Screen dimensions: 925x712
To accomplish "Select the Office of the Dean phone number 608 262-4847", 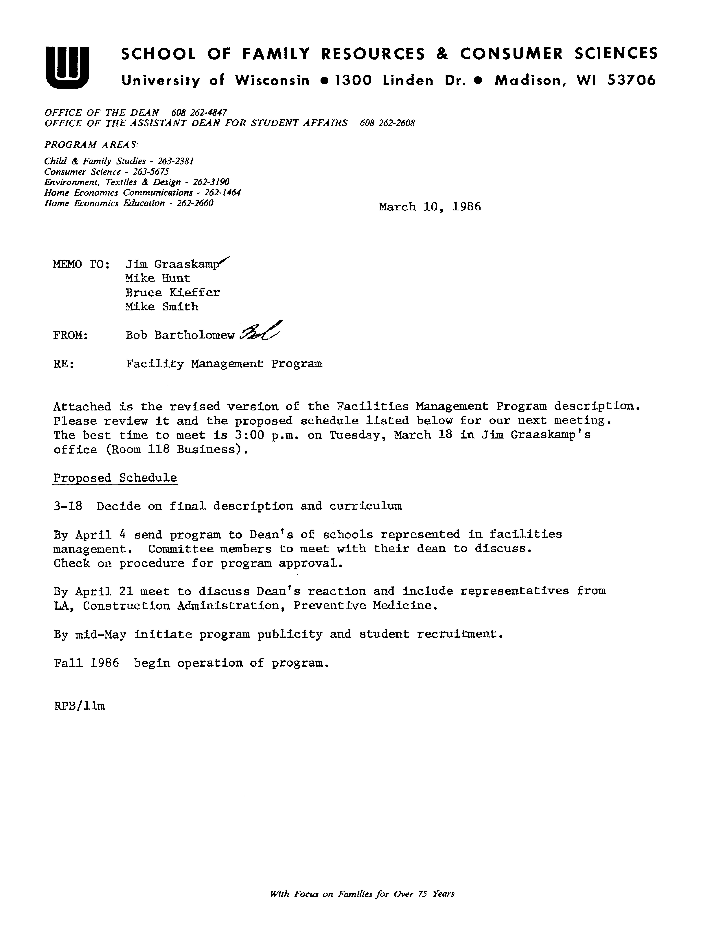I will pos(199,112).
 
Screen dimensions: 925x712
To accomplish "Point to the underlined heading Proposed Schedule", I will pos(115,478).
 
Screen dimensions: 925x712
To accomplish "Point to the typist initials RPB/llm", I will pos(80,706).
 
